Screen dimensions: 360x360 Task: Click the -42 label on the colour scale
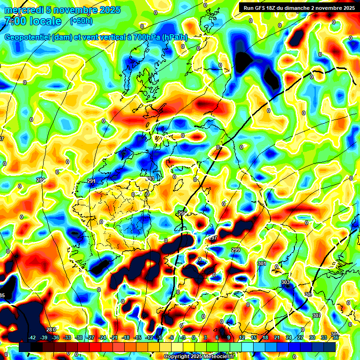click(x=32, y=337)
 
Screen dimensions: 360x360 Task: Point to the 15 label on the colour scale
click(x=254, y=337)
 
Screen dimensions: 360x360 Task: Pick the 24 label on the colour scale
click(x=289, y=337)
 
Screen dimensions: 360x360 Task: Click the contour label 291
click(x=91, y=181)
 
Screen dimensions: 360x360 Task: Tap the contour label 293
click(x=150, y=179)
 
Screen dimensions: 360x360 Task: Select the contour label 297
click(x=213, y=238)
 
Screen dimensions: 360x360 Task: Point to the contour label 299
click(x=236, y=250)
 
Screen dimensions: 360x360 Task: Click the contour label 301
click(x=262, y=264)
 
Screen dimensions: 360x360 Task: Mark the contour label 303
click(x=285, y=282)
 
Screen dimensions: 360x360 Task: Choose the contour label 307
click(x=317, y=315)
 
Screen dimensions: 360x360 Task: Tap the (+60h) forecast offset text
click(x=81, y=21)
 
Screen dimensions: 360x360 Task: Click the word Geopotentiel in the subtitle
click(x=28, y=37)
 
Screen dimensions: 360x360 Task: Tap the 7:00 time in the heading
click(x=15, y=21)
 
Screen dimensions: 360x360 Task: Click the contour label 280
click(x=51, y=330)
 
